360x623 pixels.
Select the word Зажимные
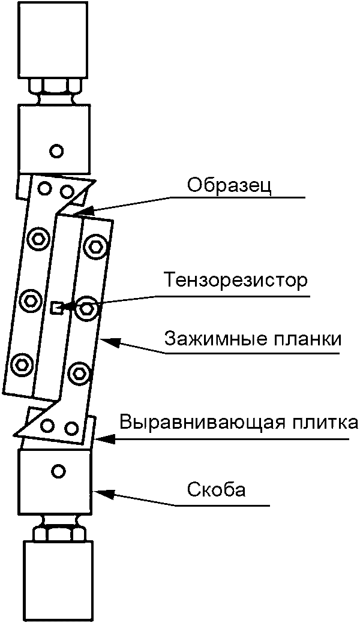(x=207, y=340)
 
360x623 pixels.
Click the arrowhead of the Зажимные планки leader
(x=104, y=340)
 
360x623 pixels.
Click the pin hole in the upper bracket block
(x=56, y=151)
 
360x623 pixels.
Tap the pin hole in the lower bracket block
(x=58, y=471)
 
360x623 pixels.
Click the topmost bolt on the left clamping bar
(x=38, y=239)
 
